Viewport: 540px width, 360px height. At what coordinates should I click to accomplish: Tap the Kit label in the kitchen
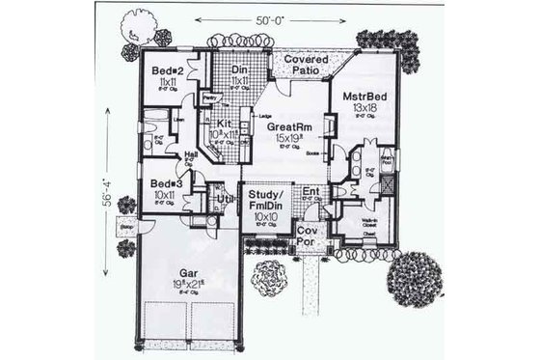(224, 125)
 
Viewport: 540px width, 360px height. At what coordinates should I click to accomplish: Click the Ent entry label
(311, 191)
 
